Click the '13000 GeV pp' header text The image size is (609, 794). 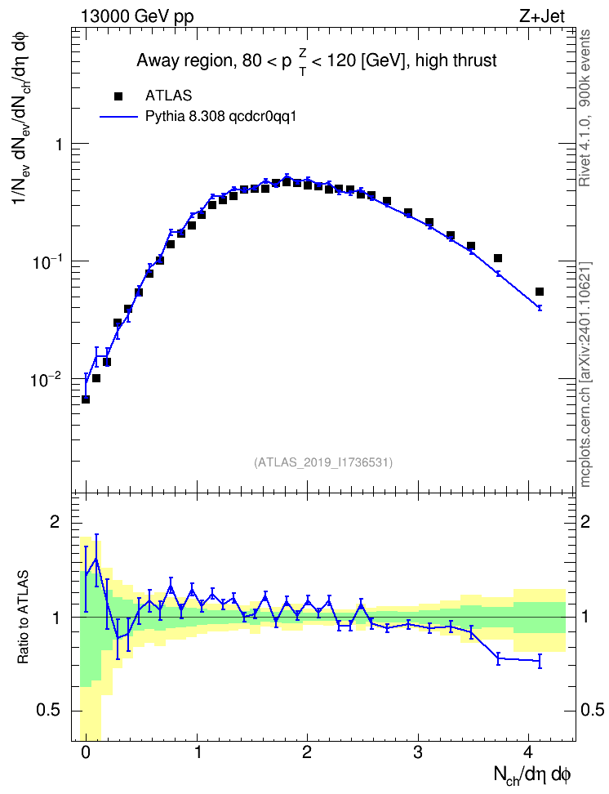137,16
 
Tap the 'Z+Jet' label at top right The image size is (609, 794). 542,16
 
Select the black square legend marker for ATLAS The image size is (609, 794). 118,96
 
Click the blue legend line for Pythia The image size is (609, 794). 119,117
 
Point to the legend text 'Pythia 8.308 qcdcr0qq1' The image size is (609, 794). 220,117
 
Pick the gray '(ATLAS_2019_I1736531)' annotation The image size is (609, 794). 323,462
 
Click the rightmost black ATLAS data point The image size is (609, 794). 539,292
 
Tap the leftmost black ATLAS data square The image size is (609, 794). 86,399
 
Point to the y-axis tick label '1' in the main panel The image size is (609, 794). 59,145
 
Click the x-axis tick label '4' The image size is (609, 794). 528,752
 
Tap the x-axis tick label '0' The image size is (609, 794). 86,752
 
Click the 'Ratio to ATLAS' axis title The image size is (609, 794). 23,617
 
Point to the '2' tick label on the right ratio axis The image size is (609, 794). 585,522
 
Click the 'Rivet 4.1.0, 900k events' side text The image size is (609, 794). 585,108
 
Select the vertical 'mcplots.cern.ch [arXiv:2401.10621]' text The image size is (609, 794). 585,374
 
